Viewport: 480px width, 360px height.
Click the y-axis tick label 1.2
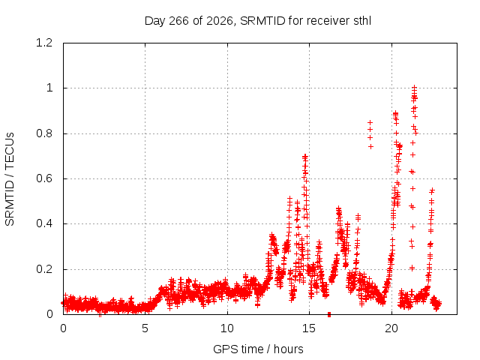44,43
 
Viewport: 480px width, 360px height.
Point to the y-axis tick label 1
49,88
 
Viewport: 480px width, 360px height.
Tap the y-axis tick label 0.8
44,133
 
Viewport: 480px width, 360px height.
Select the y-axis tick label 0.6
44,178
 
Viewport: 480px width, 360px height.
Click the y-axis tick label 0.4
44,223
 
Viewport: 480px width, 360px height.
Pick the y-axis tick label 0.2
44,269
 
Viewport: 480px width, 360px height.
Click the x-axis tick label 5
145,328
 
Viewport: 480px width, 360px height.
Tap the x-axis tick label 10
227,328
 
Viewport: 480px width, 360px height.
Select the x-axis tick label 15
309,328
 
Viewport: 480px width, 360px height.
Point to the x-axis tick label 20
391,328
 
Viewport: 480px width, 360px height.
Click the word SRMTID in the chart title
262,21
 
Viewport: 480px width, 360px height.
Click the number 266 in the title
178,21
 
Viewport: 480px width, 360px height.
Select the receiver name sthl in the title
362,21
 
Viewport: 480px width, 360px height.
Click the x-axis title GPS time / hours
258,349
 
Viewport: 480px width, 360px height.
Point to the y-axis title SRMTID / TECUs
10,179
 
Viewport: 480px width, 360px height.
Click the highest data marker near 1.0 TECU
414,87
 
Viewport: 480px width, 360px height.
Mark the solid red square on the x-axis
329,314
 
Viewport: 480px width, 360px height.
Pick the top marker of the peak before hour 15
305,156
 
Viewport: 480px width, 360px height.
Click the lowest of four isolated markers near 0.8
370,147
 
